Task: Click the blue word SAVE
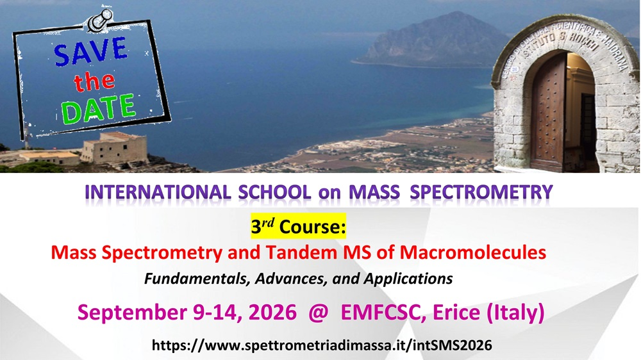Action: (x=91, y=51)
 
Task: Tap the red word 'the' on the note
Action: (x=94, y=81)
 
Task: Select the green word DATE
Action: (x=98, y=109)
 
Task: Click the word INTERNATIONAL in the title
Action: (x=158, y=192)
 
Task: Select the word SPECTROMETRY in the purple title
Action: (x=481, y=192)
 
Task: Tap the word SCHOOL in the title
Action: (x=274, y=192)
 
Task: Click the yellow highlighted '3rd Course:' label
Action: (x=299, y=226)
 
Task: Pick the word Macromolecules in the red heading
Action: (x=473, y=252)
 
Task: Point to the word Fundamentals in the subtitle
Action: (x=197, y=279)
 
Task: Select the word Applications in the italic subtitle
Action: (x=408, y=279)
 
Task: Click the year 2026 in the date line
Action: (x=272, y=313)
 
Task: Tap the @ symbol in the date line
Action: (x=319, y=313)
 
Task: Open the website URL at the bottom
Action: (x=322, y=346)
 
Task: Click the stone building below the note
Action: (x=114, y=148)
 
